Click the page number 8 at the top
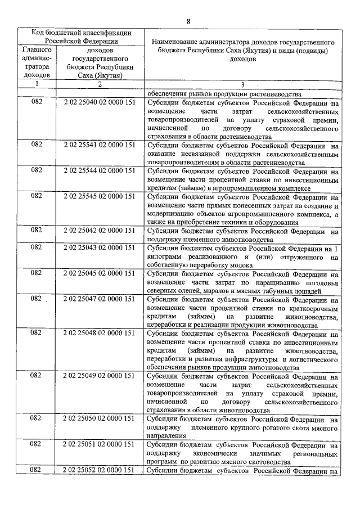(x=188, y=21)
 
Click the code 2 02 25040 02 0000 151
(x=99, y=103)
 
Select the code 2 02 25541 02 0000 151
(x=99, y=145)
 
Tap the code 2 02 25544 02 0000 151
(x=99, y=170)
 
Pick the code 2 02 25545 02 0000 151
(x=99, y=196)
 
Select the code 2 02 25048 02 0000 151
(x=99, y=333)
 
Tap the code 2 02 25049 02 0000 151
(x=99, y=375)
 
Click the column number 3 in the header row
(x=242, y=85)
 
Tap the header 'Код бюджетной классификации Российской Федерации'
(x=81, y=37)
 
